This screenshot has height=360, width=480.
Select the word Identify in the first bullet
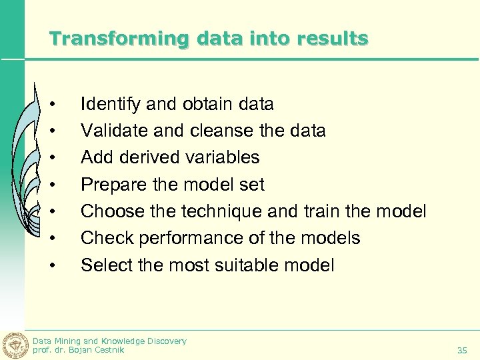click(x=111, y=104)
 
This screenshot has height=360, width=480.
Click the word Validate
click(x=111, y=131)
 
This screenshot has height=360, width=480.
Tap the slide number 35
click(x=462, y=350)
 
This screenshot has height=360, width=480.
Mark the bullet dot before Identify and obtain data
click(x=52, y=104)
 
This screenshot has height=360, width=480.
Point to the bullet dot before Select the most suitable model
click(x=52, y=265)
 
